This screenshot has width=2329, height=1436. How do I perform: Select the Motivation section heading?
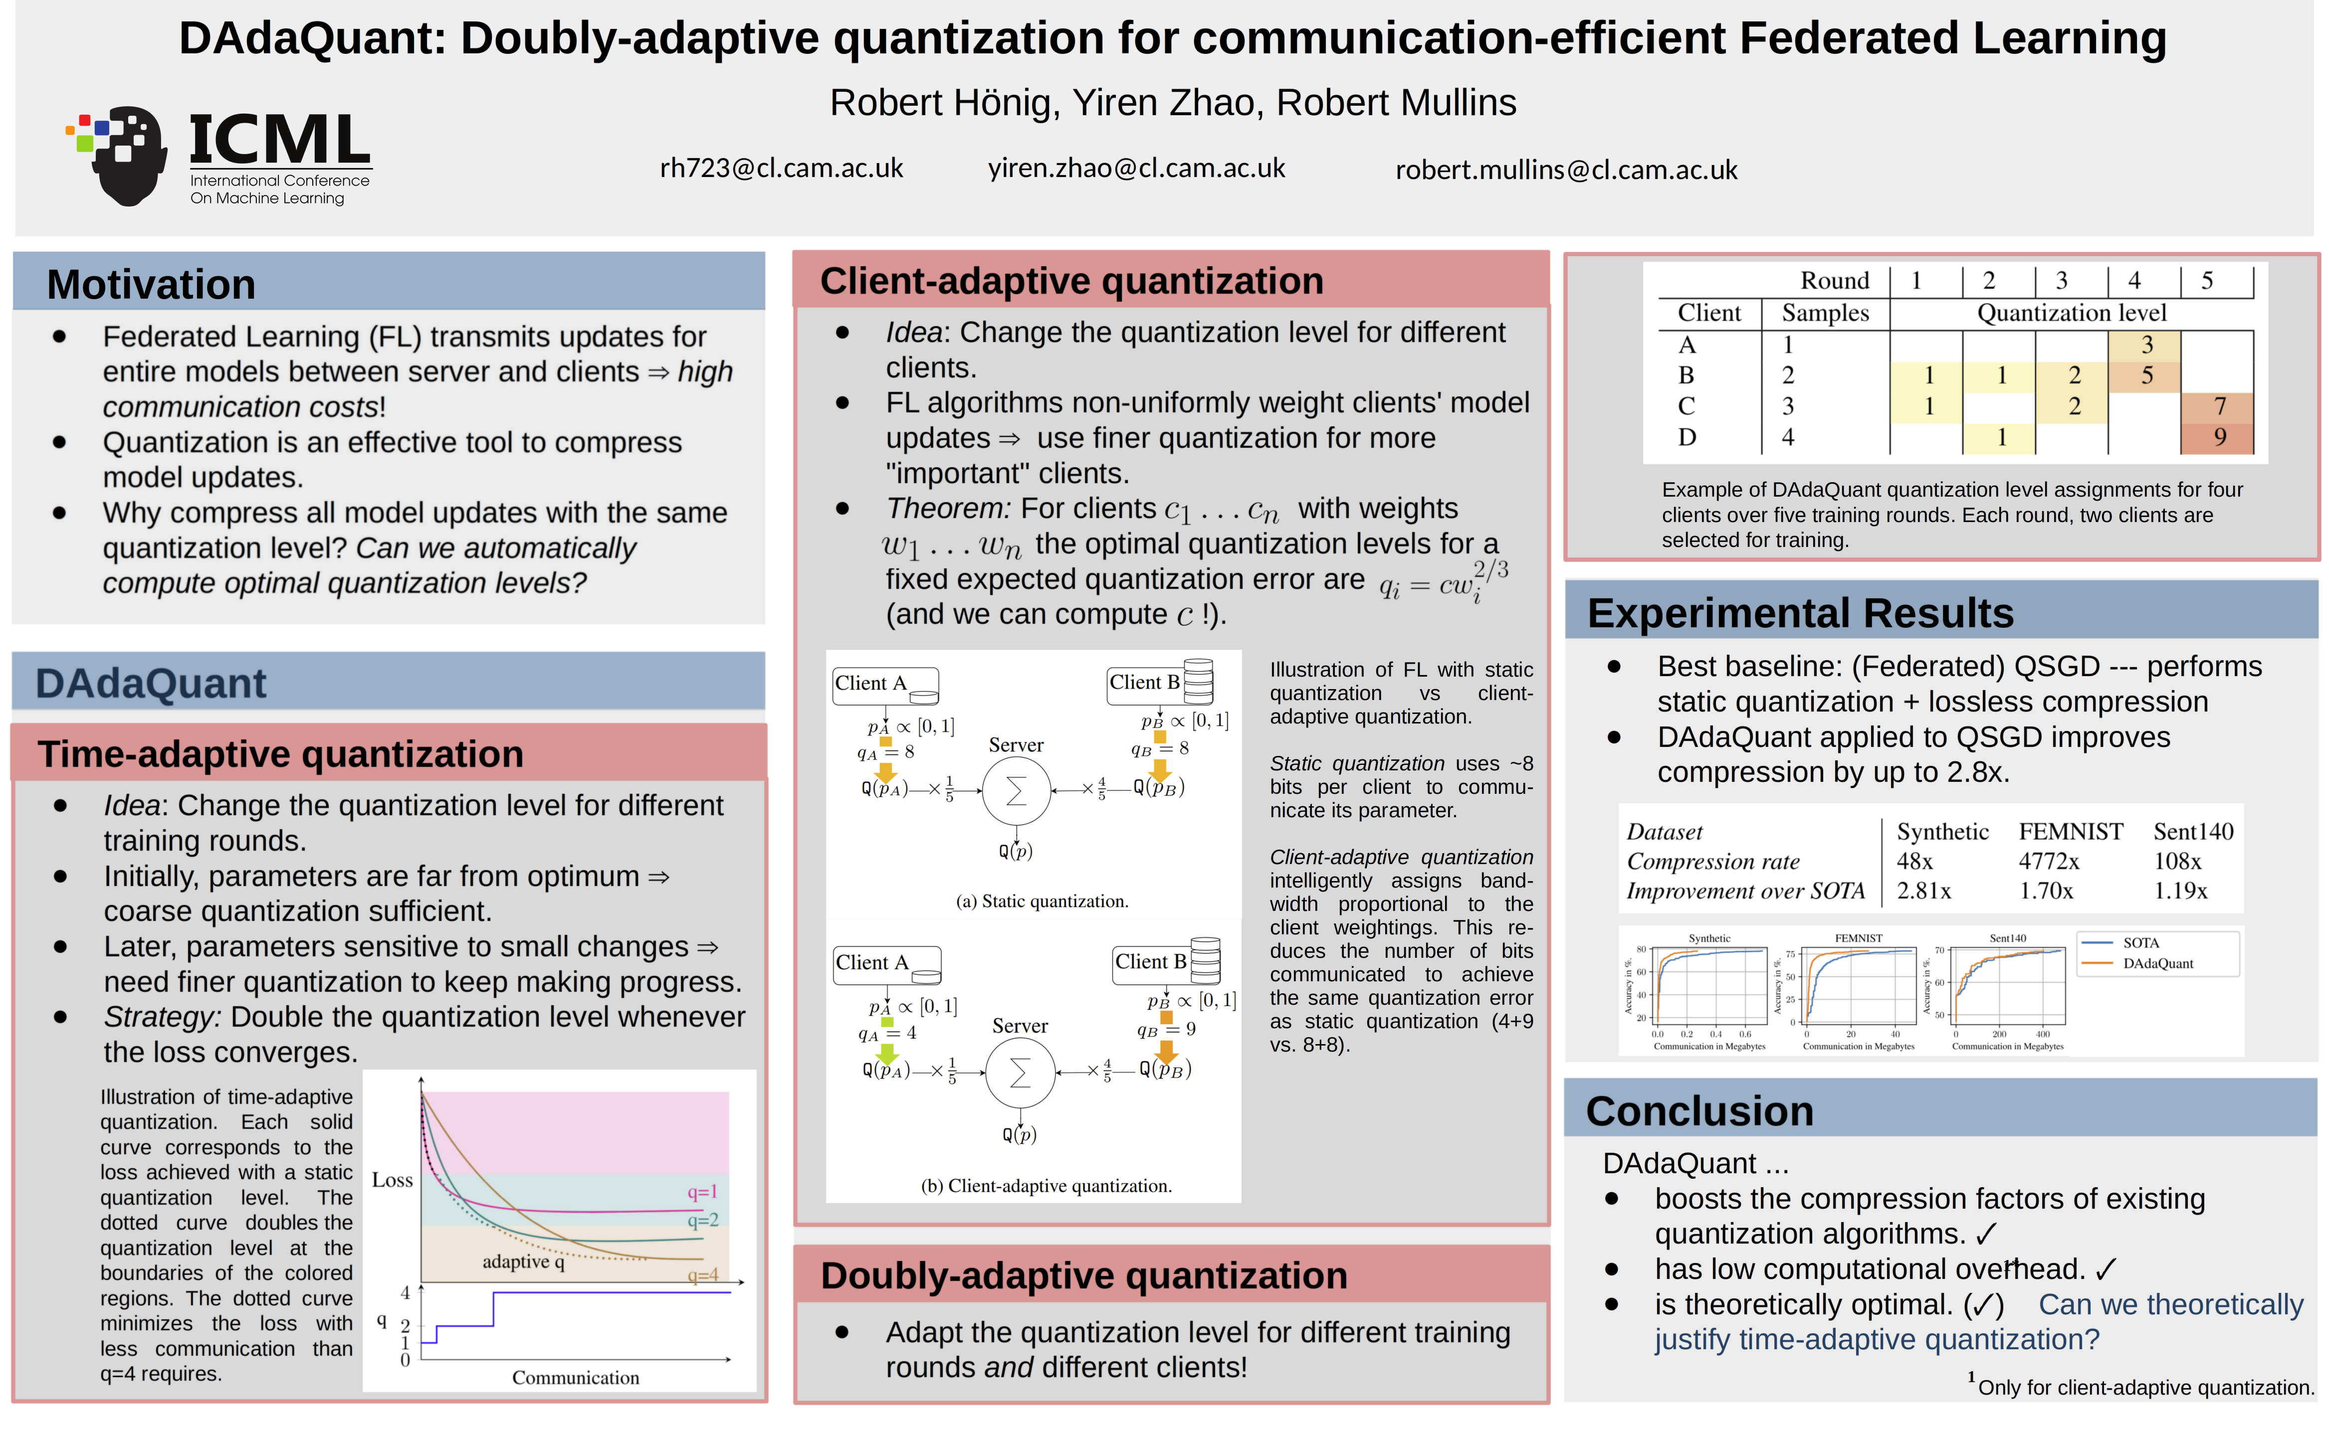(151, 285)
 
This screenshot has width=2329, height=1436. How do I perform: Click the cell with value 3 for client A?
(2146, 344)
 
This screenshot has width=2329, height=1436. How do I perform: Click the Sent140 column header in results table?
(2192, 832)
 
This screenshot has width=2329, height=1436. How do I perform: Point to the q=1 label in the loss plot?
(702, 1192)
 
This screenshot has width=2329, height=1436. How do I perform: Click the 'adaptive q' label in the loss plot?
(523, 1261)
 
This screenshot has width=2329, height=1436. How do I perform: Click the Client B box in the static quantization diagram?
(1145, 683)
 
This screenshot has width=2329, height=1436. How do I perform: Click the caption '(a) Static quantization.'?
(1042, 901)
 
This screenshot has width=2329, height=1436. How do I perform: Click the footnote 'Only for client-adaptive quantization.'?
(2145, 1388)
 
